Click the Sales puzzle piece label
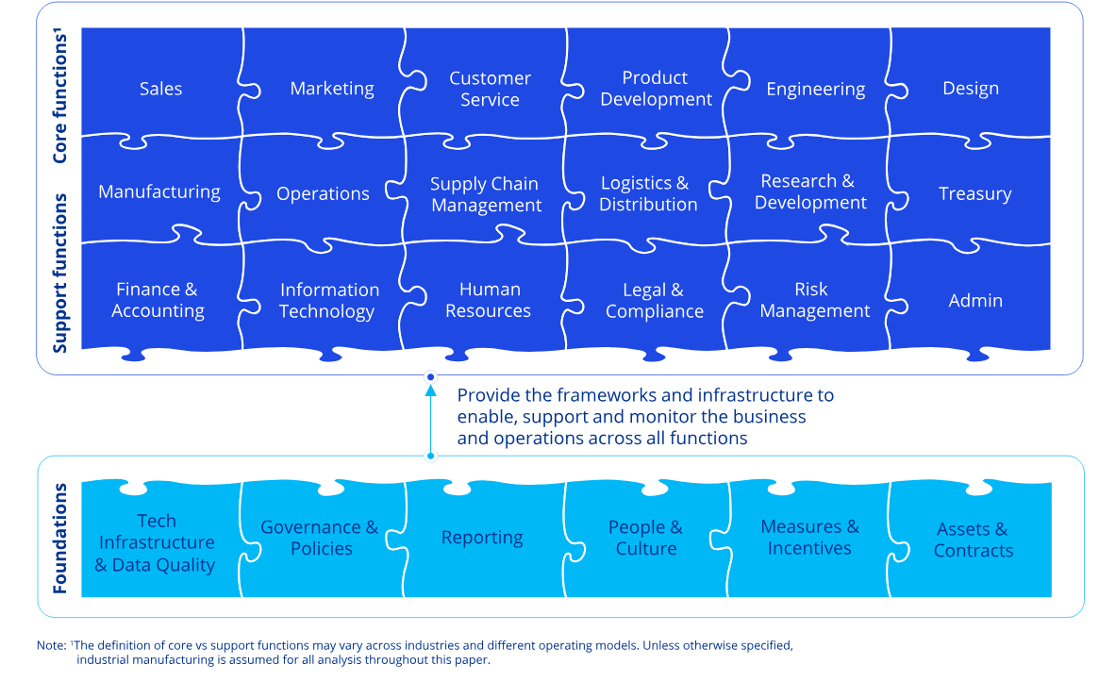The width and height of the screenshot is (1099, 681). [160, 89]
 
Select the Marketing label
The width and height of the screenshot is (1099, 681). [332, 89]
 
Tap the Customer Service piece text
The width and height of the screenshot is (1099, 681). [490, 89]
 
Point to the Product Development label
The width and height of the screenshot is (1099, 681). [656, 89]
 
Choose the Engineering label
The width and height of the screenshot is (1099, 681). [815, 89]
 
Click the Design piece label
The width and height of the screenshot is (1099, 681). [970, 89]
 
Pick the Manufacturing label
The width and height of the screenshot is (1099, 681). [158, 192]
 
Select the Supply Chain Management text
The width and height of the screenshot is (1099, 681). [486, 194]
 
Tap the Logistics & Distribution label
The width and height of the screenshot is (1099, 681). [648, 193]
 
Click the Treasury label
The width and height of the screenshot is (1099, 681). [974, 193]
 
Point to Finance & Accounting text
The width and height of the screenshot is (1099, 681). [158, 300]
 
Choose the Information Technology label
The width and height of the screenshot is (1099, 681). [328, 301]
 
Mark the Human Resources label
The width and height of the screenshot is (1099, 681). [489, 300]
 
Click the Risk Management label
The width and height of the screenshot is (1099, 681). [814, 300]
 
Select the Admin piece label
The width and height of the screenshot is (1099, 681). [975, 301]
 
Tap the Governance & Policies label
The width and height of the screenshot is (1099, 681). [319, 538]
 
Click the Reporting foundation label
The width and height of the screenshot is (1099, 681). [482, 538]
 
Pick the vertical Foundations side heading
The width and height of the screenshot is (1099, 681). [60, 539]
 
